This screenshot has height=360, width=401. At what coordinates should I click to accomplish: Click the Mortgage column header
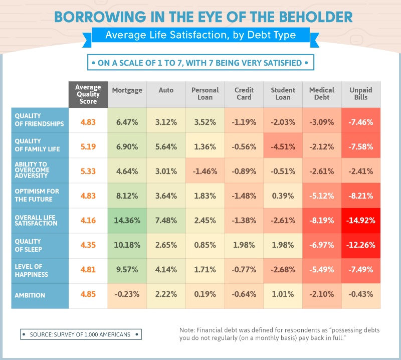tap(127, 90)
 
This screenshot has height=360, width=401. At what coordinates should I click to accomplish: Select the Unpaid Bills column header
tap(360, 94)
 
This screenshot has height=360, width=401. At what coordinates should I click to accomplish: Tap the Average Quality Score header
tap(88, 94)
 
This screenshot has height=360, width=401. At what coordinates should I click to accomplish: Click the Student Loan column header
tap(283, 94)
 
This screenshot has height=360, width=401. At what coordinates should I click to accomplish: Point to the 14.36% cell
tap(127, 221)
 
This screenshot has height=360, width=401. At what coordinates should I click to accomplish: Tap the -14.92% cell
tap(360, 221)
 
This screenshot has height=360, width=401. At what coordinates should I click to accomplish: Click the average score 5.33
tap(88, 170)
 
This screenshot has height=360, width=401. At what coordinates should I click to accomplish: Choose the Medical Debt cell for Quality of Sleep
tap(321, 246)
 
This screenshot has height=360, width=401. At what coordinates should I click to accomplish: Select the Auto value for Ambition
tap(166, 296)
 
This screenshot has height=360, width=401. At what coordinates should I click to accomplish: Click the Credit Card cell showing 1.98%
tap(244, 246)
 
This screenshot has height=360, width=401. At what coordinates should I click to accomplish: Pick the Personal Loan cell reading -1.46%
tap(205, 170)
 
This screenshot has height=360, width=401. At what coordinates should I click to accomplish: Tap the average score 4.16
tap(88, 221)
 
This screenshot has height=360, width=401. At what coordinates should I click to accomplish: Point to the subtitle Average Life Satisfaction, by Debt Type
tap(200, 35)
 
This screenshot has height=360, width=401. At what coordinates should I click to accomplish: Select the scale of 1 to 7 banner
tap(200, 63)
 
